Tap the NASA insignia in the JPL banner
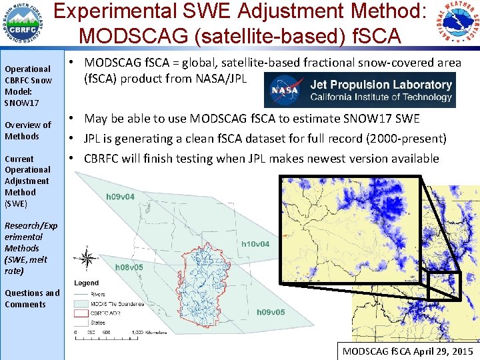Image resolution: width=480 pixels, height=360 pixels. coord(285,90)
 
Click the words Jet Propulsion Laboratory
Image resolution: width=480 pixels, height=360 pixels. coord(380,85)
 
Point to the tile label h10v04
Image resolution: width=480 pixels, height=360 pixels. coord(255,244)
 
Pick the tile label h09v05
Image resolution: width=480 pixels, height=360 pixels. coord(271,312)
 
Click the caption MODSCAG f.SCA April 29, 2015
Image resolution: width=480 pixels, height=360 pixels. coord(407,351)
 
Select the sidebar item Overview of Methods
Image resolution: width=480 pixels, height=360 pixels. coord(27,131)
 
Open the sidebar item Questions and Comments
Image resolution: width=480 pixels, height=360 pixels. coord(31,299)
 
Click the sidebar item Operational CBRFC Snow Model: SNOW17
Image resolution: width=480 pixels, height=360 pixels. coord(27,86)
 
